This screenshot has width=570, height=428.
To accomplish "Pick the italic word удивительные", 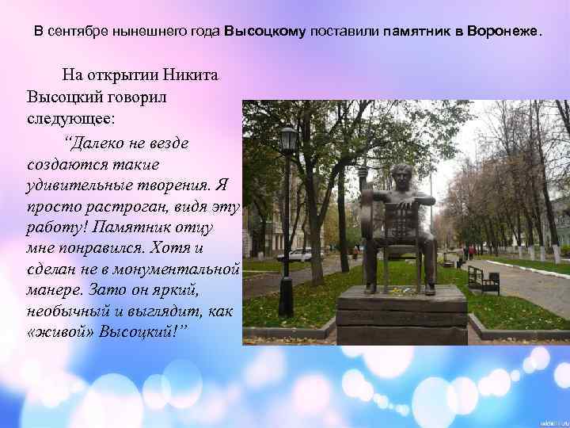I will coord(76,185).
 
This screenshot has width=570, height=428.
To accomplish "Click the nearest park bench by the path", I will coord(483,279).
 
